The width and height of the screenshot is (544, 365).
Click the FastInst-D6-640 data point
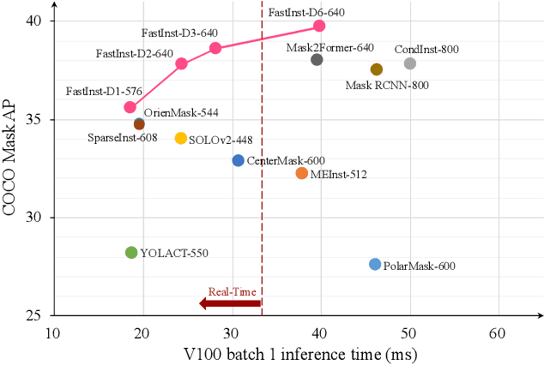click(x=319, y=26)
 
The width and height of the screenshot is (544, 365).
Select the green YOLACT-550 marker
click(x=131, y=252)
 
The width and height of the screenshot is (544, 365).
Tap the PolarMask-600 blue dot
click(x=374, y=264)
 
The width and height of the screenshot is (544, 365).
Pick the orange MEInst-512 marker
click(x=301, y=173)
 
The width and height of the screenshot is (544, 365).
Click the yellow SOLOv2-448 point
click(x=180, y=138)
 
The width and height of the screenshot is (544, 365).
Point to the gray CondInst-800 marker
click(x=409, y=63)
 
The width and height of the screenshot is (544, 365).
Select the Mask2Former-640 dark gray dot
click(x=317, y=59)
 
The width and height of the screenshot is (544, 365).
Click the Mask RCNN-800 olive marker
click(x=376, y=69)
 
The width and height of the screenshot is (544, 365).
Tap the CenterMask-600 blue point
click(x=238, y=160)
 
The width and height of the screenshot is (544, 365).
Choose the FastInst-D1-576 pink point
click(x=130, y=107)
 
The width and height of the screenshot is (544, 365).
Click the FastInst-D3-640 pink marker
click(x=215, y=48)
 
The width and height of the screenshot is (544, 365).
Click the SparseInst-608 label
click(x=123, y=137)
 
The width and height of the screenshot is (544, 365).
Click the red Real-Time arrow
click(x=229, y=302)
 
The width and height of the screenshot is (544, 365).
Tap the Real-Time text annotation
click(x=231, y=290)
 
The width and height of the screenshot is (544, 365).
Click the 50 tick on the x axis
click(x=409, y=332)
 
